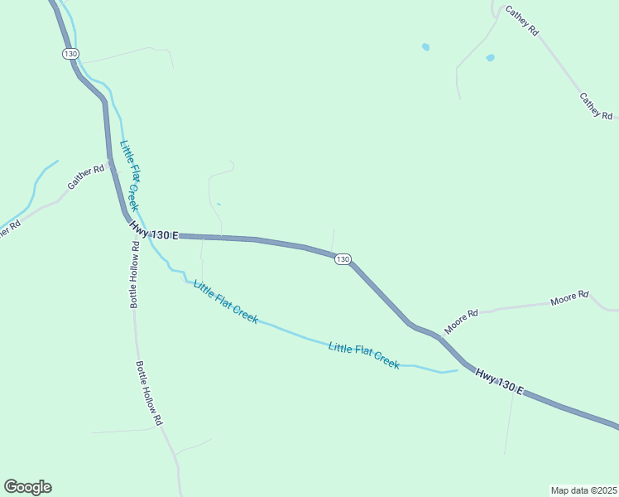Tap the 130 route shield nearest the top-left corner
tap(70, 53)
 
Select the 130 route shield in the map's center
tap(343, 259)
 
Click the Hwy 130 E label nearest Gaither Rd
tap(154, 230)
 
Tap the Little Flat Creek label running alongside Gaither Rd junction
tap(130, 175)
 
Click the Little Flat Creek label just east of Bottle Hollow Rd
tap(225, 302)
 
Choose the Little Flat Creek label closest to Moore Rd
tap(364, 355)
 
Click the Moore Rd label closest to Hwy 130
tap(461, 322)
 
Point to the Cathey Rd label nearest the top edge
tap(522, 21)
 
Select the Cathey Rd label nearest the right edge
tap(595, 105)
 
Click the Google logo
tap(27, 487)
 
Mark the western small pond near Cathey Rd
tap(425, 47)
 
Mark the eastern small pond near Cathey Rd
tap(490, 58)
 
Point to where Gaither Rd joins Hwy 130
tap(110, 164)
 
